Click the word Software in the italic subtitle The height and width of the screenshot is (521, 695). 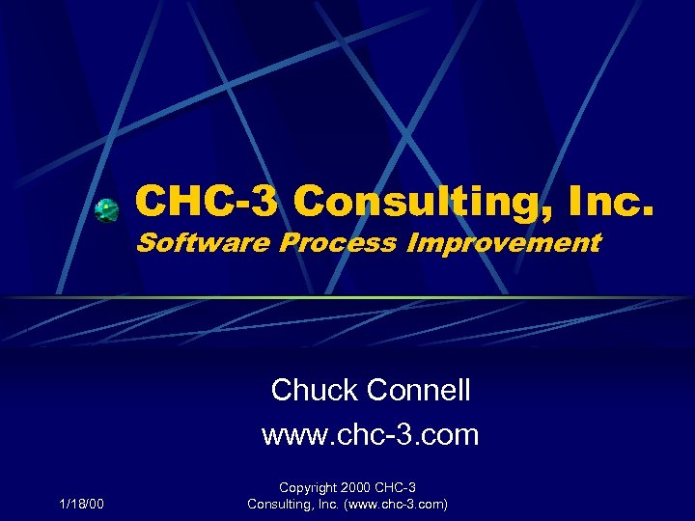(204, 243)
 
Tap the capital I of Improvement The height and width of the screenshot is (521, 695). (411, 243)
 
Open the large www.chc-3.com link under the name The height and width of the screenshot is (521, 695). (370, 434)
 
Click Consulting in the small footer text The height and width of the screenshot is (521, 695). (280, 504)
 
